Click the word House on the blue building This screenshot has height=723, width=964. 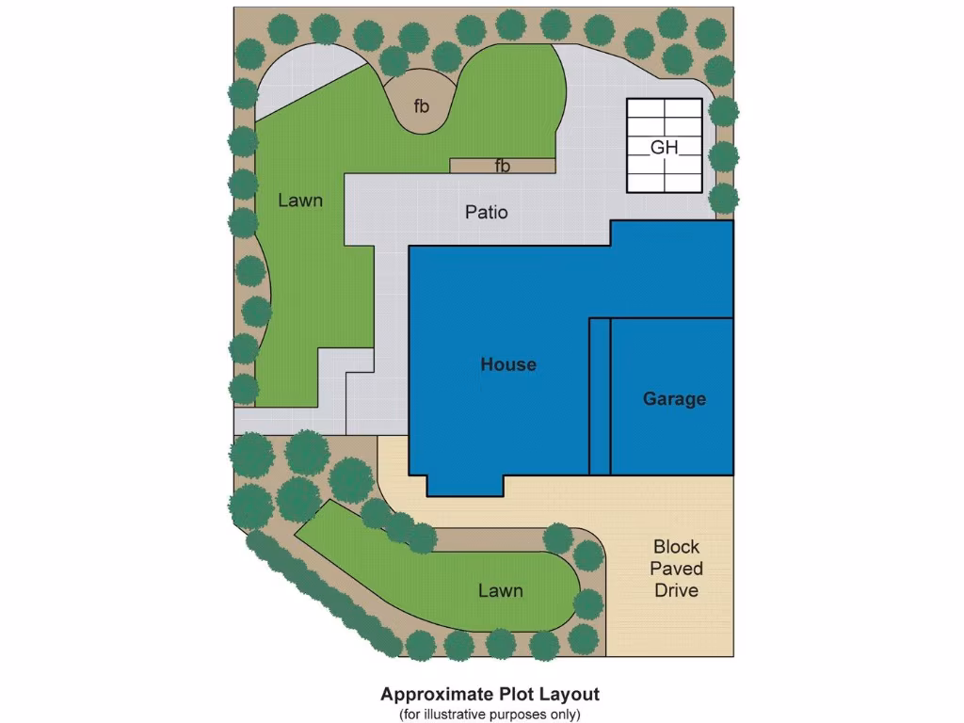tap(508, 364)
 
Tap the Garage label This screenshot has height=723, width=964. tap(674, 398)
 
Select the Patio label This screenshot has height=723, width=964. tap(487, 212)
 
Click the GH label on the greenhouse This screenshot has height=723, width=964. tap(664, 147)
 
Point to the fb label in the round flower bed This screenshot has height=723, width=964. tap(421, 105)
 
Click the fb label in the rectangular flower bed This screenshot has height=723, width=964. tap(503, 167)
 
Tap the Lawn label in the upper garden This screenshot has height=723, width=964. tap(300, 200)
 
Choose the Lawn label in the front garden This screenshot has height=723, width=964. tap(500, 590)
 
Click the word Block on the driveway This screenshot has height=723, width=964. tap(676, 546)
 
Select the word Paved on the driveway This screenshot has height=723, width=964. tap(676, 569)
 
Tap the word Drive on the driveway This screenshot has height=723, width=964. tap(676, 590)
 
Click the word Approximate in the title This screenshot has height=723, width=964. tap(438, 695)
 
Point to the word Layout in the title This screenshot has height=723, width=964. tap(569, 695)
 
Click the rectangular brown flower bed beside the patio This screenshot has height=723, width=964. tap(471, 166)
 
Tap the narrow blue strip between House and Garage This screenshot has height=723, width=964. tap(600, 395)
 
